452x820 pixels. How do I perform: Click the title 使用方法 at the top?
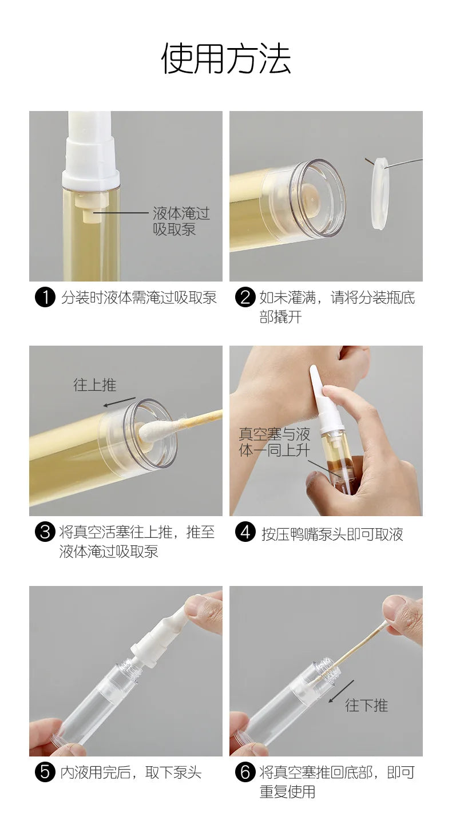[x=226, y=58]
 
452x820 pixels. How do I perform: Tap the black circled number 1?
[x=45, y=298]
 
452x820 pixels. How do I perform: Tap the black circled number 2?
[x=245, y=298]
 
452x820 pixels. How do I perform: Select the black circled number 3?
[x=45, y=532]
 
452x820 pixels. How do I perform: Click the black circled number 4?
[x=245, y=533]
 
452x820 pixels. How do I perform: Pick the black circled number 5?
[x=45, y=772]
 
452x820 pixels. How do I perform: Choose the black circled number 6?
[x=245, y=772]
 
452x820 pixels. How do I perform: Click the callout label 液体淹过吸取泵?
[x=181, y=221]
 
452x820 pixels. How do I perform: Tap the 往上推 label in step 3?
[x=94, y=385]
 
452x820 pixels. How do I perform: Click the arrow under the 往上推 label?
[x=120, y=402]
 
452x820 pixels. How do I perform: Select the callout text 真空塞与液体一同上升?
[x=274, y=442]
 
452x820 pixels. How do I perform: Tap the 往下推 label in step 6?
[x=366, y=705]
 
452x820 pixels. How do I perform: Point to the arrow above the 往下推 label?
[x=342, y=690]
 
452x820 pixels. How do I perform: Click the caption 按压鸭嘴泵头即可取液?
[x=332, y=534]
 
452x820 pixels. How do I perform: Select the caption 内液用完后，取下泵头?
[x=131, y=773]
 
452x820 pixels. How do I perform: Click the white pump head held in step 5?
[x=160, y=635]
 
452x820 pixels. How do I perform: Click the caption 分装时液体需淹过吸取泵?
[x=139, y=298]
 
